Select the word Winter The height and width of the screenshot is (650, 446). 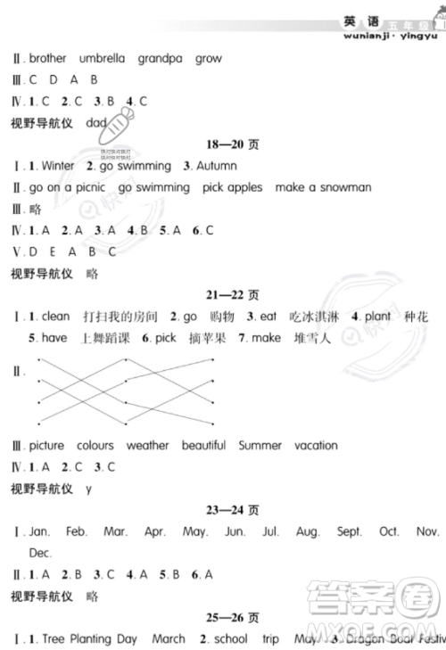pyautogui.click(x=58, y=166)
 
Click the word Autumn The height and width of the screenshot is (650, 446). pyautogui.click(x=216, y=166)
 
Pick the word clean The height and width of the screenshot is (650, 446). pyautogui.click(x=55, y=317)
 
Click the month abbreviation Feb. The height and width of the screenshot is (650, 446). pyautogui.click(x=77, y=531)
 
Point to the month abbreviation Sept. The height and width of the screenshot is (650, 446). pyautogui.click(x=350, y=531)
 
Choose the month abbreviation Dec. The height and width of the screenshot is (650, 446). pyautogui.click(x=41, y=553)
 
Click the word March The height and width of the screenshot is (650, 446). pyautogui.click(x=169, y=638)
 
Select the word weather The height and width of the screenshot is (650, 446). pyautogui.click(x=147, y=445)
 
